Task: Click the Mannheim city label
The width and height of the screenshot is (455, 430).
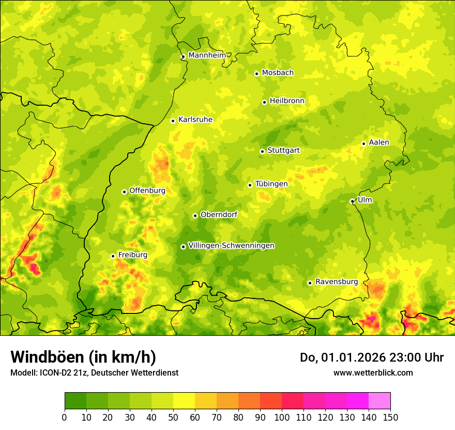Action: (x=207, y=55)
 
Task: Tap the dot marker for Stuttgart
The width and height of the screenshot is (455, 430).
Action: (x=262, y=151)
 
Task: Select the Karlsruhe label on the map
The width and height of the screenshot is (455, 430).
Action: (x=195, y=120)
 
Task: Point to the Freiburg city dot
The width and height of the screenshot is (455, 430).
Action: (x=113, y=256)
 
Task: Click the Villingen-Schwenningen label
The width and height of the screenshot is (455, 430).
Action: (x=231, y=246)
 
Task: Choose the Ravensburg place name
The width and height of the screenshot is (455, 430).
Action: (x=337, y=282)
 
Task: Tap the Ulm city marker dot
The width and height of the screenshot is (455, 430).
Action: (x=352, y=202)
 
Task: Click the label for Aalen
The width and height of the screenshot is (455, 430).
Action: (x=379, y=142)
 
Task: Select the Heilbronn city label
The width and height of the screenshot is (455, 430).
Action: (x=287, y=101)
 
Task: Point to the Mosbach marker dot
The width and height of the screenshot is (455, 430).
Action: (x=256, y=74)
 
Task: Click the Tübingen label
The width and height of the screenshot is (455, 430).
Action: (x=271, y=184)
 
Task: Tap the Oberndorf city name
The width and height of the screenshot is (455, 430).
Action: (x=219, y=214)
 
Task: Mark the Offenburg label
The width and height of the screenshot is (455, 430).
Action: (x=147, y=191)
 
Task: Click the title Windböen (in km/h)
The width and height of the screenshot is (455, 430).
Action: (x=83, y=357)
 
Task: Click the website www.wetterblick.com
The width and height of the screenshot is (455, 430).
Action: (x=373, y=372)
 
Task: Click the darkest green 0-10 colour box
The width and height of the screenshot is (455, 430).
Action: (x=75, y=401)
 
